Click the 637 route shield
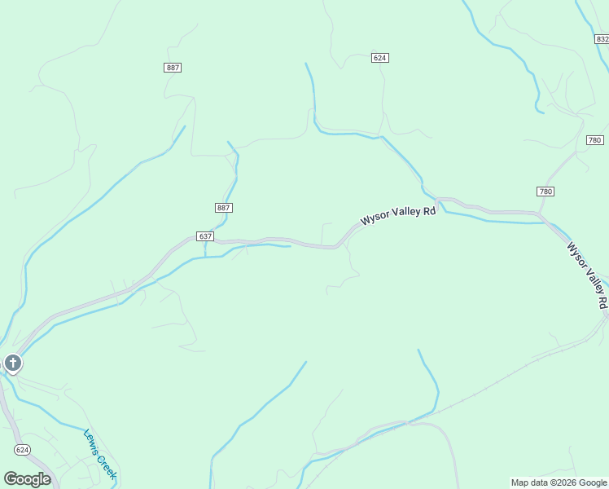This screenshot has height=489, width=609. click(x=205, y=236)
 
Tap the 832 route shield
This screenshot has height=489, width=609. click(x=601, y=37)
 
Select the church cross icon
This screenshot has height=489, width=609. click(x=12, y=363)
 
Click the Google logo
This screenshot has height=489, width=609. click(x=27, y=479)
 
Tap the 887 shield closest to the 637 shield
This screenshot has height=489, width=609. click(x=223, y=208)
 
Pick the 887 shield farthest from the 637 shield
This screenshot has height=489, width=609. click(x=173, y=68)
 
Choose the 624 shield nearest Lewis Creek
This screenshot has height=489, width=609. click(x=23, y=449)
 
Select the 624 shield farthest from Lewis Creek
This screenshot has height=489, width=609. click(x=379, y=58)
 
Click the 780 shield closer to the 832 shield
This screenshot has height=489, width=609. click(x=594, y=140)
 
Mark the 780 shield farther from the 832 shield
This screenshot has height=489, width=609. click(x=545, y=192)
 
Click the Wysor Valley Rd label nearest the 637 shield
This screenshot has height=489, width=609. click(x=399, y=215)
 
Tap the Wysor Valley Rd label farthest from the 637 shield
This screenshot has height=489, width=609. click(x=588, y=275)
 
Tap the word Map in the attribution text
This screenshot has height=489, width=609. click(x=519, y=482)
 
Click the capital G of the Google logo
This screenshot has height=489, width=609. click(x=11, y=479)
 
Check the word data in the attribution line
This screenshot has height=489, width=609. click(x=539, y=482)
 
